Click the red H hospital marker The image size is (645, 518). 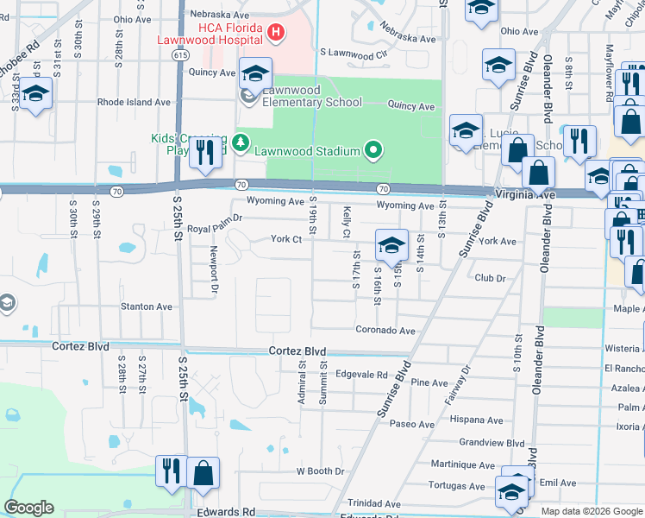pos(276,34)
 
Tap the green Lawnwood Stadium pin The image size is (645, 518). pos(373,151)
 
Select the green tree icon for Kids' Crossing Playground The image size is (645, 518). pos(242,140)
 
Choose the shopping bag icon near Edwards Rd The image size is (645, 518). pos(202,473)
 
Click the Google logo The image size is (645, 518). pos(29,508)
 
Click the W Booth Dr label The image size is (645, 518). pos(320,471)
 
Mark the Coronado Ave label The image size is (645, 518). pos(385,330)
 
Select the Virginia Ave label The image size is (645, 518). pos(525,195)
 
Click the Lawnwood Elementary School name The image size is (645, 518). pos(312,96)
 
